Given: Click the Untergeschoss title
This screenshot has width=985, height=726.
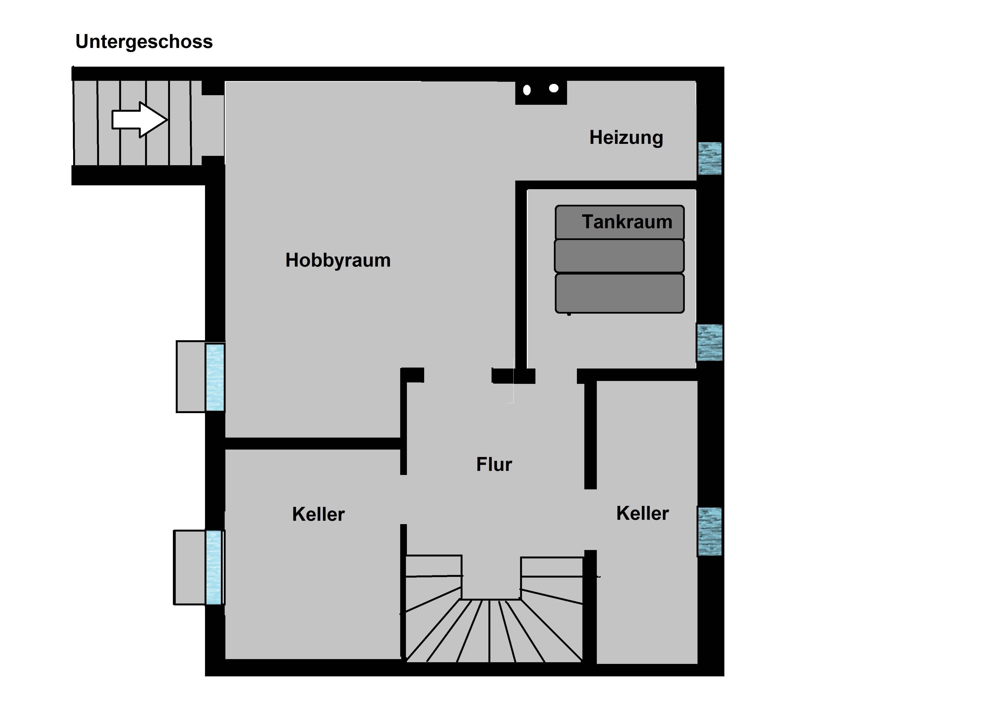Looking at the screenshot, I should pyautogui.click(x=144, y=42).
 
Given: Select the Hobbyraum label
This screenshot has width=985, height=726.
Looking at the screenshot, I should pyautogui.click(x=338, y=260).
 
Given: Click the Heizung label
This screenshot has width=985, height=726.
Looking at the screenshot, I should pyautogui.click(x=626, y=138).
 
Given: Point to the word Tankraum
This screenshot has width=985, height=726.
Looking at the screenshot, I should pyautogui.click(x=627, y=222).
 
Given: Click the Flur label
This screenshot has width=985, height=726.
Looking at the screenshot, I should pyautogui.click(x=494, y=464).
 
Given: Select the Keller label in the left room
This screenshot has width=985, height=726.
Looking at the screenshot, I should pyautogui.click(x=318, y=514).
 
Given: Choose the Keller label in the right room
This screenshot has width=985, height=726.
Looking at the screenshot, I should pyautogui.click(x=642, y=513).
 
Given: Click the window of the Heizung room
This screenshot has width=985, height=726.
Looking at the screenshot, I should pyautogui.click(x=710, y=158).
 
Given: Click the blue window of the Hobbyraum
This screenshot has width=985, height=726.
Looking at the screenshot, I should pyautogui.click(x=215, y=377).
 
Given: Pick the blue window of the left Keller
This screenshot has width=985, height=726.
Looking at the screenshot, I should pyautogui.click(x=214, y=567).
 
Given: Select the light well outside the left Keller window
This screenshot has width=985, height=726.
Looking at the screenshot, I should pyautogui.click(x=189, y=567).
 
